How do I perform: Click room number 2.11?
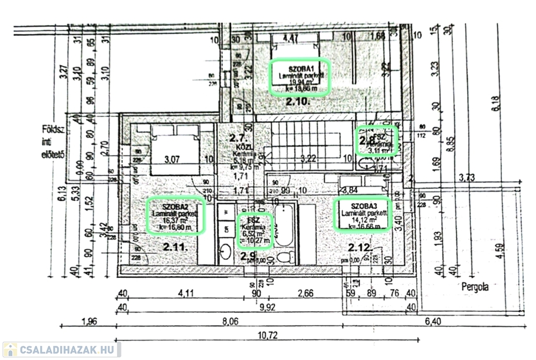tap(175, 246)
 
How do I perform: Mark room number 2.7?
tap(238, 138)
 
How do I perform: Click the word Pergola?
tap(475, 287)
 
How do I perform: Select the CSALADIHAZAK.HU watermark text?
tap(68, 349)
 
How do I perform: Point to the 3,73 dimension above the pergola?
tap(466, 177)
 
